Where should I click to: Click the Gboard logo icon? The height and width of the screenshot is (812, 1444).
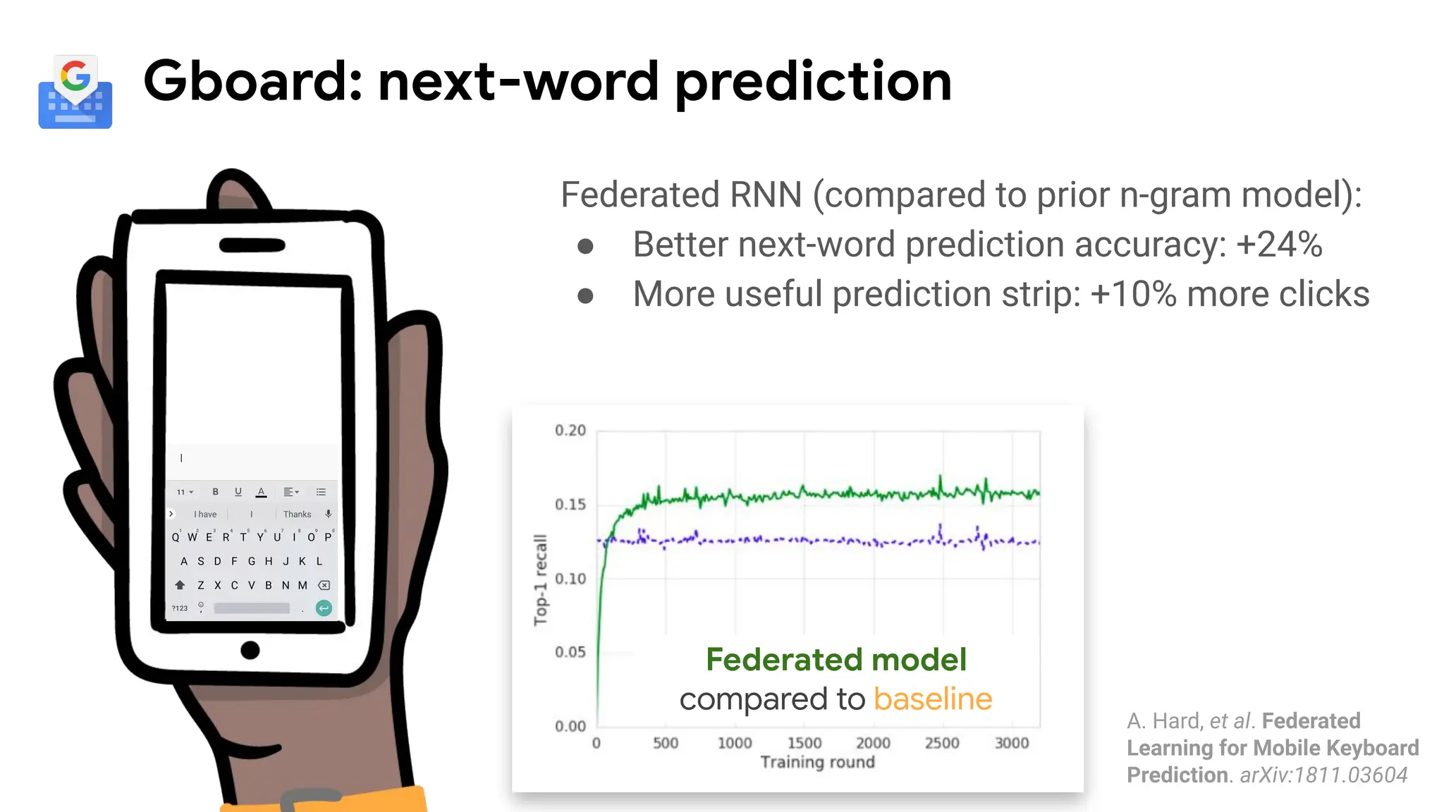(75, 92)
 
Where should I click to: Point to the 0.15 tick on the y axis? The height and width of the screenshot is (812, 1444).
(570, 505)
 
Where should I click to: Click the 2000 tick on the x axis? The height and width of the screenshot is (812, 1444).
(873, 743)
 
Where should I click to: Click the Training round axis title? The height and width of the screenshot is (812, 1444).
(817, 762)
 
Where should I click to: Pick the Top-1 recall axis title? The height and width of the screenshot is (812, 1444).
(540, 579)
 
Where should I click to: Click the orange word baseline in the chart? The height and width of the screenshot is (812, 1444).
(932, 699)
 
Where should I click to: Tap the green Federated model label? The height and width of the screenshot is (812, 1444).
(836, 660)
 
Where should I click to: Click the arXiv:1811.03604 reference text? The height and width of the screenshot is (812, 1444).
(1323, 775)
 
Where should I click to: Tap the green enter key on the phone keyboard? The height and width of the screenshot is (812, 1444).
(324, 608)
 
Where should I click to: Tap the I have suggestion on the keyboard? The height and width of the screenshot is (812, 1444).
(205, 515)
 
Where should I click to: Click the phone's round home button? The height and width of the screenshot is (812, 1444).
(250, 650)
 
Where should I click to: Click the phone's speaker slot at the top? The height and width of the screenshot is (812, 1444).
(252, 245)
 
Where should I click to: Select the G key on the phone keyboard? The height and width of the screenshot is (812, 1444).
(252, 562)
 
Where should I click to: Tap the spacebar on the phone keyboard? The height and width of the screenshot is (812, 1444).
(252, 608)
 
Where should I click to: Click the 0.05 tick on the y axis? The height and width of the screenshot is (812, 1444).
(570, 652)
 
